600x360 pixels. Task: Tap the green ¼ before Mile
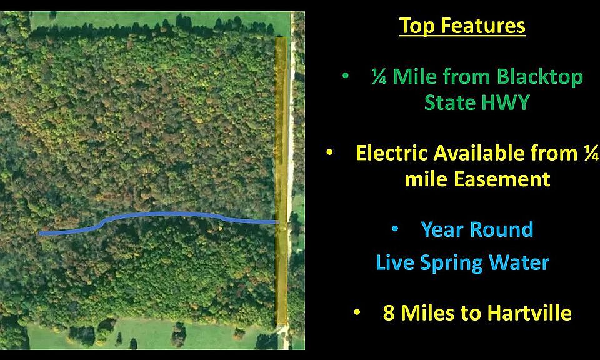(x=379, y=76)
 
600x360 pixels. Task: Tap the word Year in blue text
(x=442, y=229)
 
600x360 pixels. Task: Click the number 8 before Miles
(x=388, y=312)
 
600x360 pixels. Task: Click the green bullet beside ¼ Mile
(x=346, y=76)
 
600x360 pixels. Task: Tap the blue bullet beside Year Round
(x=395, y=229)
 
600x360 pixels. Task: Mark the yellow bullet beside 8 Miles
(x=357, y=312)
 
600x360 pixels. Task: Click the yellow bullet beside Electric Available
(x=329, y=152)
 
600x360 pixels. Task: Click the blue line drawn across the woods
(x=161, y=214)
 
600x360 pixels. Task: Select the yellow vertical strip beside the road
(x=281, y=181)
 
